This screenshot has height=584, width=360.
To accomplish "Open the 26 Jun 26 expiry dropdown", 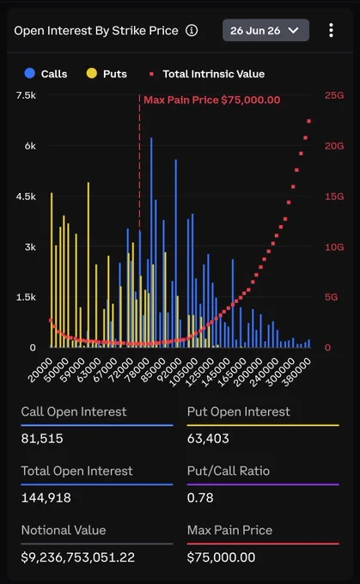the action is (265, 30).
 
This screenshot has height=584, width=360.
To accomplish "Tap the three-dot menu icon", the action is (331, 30).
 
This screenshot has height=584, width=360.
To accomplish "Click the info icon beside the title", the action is (192, 31).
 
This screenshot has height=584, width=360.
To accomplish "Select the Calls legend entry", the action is (46, 74).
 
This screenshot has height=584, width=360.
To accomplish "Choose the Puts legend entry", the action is (107, 74).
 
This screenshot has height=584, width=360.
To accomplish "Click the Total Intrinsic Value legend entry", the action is (207, 74).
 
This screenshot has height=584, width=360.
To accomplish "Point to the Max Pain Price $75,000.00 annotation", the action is (211, 100).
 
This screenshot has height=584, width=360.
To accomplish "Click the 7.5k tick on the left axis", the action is (26, 95).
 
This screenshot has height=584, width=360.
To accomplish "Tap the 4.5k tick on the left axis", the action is (26, 197).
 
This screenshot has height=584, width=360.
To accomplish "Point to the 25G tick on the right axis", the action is (334, 95).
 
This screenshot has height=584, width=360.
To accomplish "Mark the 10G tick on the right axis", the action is (334, 247).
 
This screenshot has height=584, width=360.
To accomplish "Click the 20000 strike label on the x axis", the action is (40, 370).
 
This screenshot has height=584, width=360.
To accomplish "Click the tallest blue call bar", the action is (151, 242).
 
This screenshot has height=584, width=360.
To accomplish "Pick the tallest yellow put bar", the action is (88, 265).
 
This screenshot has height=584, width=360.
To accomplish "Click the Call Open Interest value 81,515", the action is (42, 438).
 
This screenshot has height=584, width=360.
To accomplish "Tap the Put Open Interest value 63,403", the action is (208, 438).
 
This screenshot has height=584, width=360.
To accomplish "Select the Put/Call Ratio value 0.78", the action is (200, 497).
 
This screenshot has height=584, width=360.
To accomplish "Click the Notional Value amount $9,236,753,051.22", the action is (78, 557).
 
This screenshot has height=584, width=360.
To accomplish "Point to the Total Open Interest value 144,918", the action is (46, 497).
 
